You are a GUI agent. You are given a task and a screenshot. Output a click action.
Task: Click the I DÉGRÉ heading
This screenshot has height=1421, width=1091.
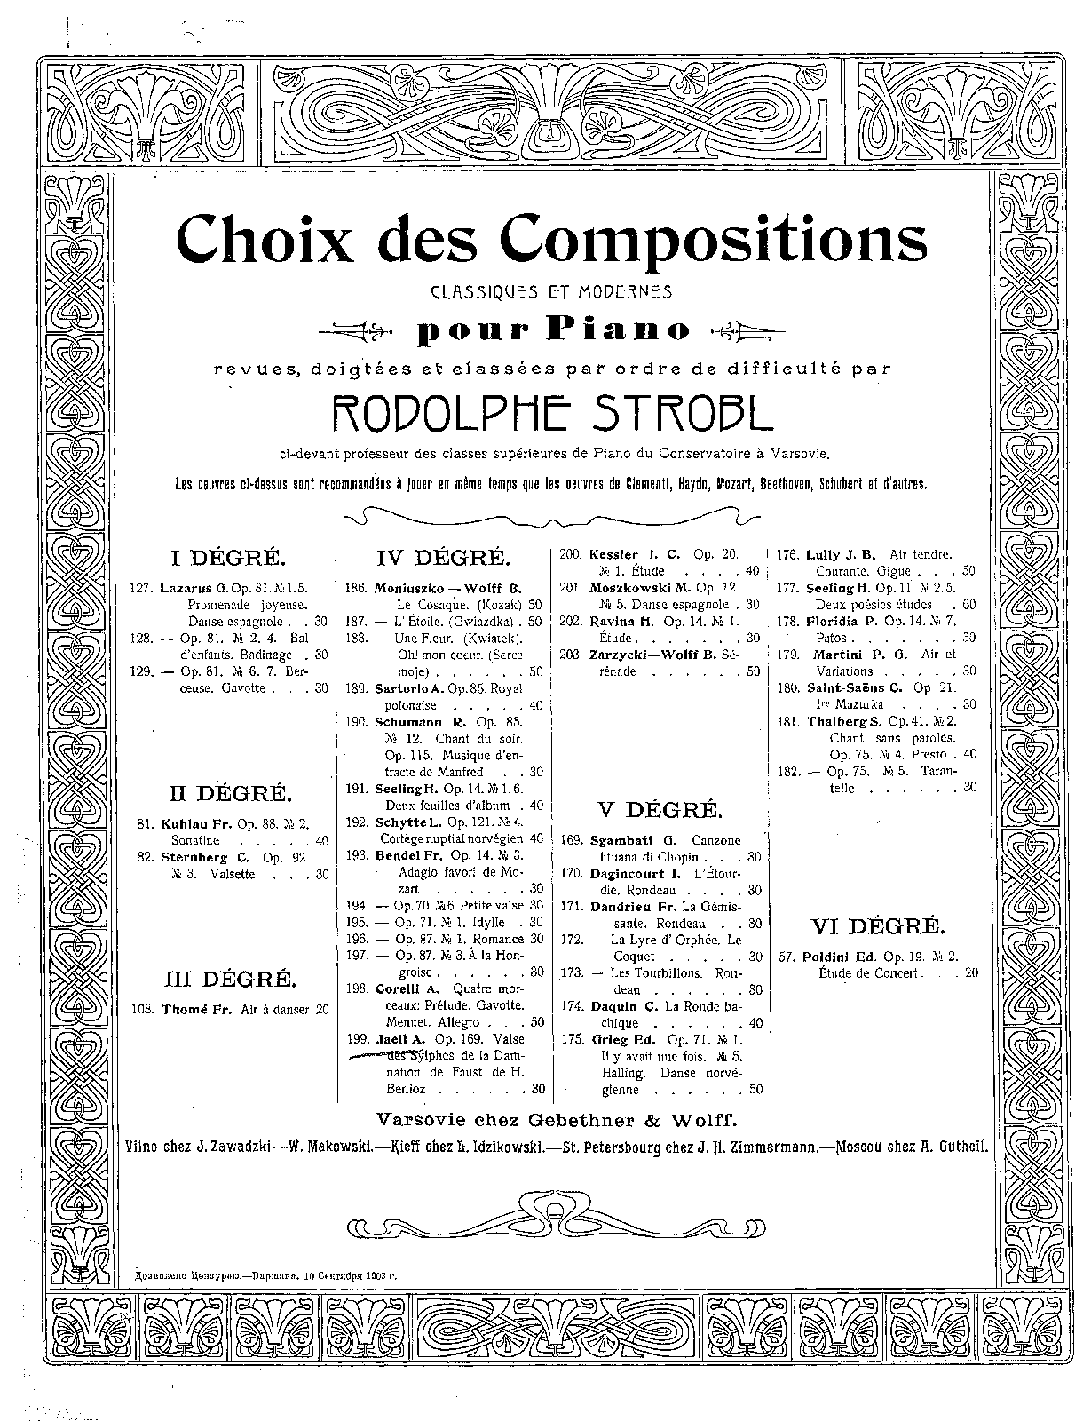[x=229, y=558]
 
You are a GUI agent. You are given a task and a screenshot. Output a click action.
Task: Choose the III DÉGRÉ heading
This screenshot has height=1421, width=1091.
[x=229, y=979]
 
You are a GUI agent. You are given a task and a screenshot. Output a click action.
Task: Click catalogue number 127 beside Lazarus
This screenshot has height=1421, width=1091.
[x=142, y=588]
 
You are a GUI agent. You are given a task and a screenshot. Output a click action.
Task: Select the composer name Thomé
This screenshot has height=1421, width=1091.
[x=181, y=1009]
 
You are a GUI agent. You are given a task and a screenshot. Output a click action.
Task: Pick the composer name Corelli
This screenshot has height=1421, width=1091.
[x=395, y=988]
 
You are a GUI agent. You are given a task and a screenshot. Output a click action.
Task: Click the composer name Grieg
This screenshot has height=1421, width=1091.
[x=611, y=1040]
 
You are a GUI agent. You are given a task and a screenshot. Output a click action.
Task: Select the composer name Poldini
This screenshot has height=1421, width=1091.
[x=827, y=957]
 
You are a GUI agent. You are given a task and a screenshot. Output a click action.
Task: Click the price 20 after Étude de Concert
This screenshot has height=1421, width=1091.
[x=970, y=973]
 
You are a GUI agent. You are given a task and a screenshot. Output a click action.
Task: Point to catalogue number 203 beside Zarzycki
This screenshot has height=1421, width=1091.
[x=570, y=655]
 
